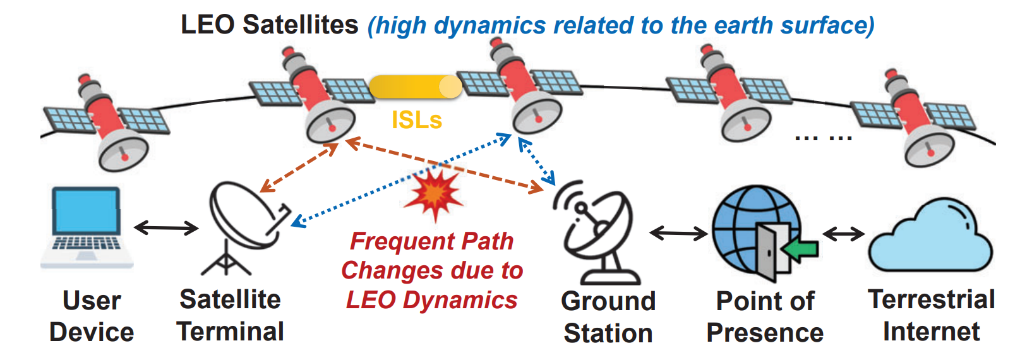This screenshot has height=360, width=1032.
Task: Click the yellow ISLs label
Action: click(417, 119)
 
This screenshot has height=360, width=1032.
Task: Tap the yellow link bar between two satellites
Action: click(415, 87)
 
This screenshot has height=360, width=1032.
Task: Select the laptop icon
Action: click(87, 227)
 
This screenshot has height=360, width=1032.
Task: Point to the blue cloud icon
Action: click(930, 237)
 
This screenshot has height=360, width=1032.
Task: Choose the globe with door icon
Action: click(761, 232)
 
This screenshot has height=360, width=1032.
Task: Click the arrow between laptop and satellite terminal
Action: click(166, 227)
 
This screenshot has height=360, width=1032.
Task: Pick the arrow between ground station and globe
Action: click(679, 234)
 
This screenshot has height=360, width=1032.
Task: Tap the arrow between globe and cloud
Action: click(843, 234)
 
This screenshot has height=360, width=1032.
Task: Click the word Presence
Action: click(765, 333)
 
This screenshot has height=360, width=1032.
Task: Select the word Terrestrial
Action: click(932, 299)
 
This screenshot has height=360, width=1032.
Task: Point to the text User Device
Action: click(92, 316)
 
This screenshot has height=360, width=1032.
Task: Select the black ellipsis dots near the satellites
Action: click(824, 137)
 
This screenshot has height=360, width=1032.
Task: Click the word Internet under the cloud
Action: click(932, 332)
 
